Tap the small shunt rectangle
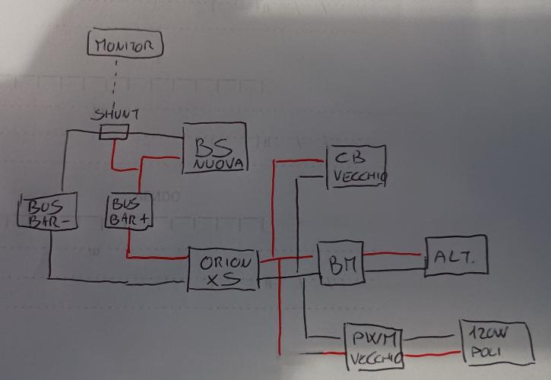pos(114,133)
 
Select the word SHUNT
pos(116,115)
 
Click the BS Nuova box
pos(216,148)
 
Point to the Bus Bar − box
pos(48,211)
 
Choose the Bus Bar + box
pos(130,210)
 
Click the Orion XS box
pos(223,270)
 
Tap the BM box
pos(340,264)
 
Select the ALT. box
pos(455,256)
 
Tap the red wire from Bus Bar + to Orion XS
pos(156,258)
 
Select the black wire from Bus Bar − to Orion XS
pos(114,279)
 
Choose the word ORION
pos(225,262)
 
